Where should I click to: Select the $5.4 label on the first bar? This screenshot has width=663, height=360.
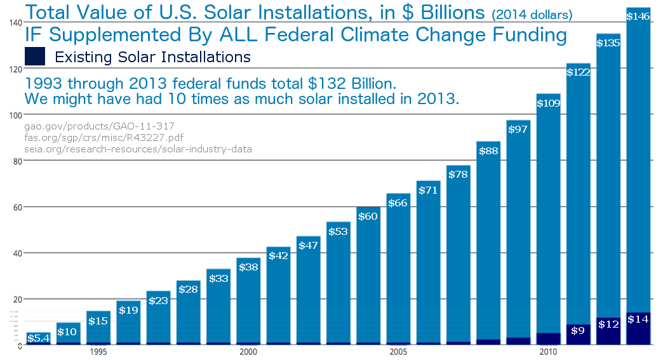click(x=38, y=339)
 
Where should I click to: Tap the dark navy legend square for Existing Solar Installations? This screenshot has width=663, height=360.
click(x=35, y=57)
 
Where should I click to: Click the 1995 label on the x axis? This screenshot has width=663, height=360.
click(x=98, y=352)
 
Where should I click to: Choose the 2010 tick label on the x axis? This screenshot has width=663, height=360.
click(x=548, y=352)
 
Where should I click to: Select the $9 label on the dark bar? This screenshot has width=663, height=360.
click(x=578, y=331)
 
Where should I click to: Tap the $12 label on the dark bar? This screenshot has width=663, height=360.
click(x=608, y=324)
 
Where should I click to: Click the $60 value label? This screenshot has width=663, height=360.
click(x=368, y=217)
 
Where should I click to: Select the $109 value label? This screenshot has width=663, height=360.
click(x=548, y=102)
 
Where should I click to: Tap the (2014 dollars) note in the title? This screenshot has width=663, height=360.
click(x=533, y=14)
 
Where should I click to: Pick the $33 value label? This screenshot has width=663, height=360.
click(x=218, y=278)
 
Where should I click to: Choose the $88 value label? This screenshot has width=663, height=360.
click(x=488, y=151)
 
